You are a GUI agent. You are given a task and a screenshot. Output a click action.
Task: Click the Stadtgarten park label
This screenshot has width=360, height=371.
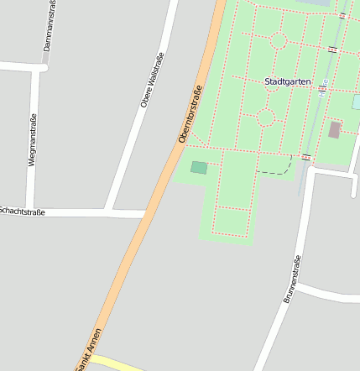coord(287,81)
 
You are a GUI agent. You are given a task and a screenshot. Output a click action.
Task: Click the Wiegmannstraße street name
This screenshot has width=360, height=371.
coord(33,139)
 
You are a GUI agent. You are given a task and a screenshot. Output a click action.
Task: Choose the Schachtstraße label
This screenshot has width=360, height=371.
coord(22,212)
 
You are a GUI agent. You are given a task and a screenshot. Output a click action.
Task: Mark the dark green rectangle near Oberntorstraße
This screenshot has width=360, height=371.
coord(199,168)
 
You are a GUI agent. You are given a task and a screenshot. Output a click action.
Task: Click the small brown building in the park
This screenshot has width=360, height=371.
coord(335,130)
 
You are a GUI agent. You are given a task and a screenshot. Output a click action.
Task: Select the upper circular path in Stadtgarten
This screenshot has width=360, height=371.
coord(279,40)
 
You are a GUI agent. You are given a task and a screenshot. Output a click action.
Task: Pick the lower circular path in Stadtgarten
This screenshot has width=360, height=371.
coord(266,118)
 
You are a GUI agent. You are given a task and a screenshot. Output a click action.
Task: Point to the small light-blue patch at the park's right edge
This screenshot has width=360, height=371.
coord(357,102)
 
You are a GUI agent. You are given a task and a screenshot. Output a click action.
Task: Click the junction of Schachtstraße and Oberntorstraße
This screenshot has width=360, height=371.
coord(148,215)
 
